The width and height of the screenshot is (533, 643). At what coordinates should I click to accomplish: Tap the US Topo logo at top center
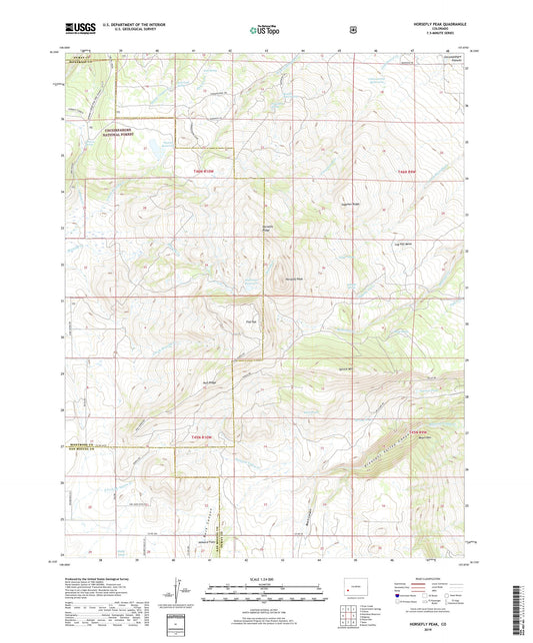266,30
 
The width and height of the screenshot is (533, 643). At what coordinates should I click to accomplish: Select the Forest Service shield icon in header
352,29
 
